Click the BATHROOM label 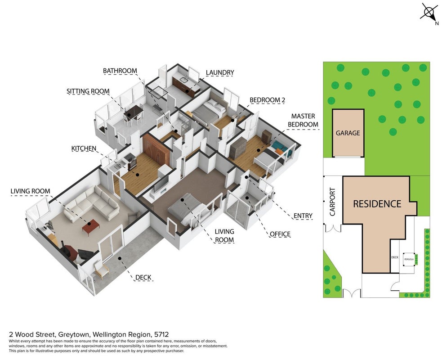(120, 71)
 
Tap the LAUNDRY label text (220, 72)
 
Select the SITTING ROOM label (88, 91)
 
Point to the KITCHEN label (84, 148)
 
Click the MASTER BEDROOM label (303, 120)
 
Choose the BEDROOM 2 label (267, 100)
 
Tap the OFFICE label (280, 234)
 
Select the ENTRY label (303, 216)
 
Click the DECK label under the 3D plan (143, 278)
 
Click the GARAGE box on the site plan (348, 133)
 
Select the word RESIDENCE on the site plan (377, 204)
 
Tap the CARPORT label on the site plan (333, 202)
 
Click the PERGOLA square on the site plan (409, 259)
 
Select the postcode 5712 (161, 335)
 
